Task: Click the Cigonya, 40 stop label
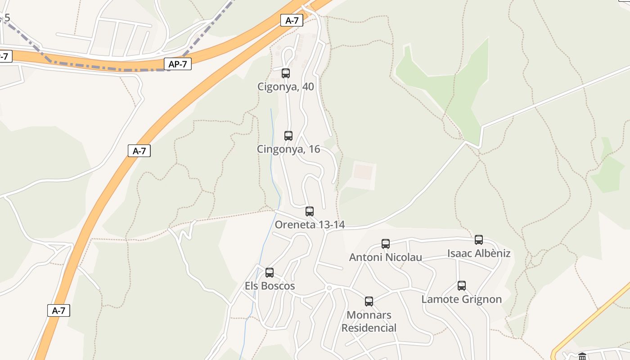coord(285,86)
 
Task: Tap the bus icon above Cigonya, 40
coord(286,73)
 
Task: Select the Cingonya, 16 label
coord(288,149)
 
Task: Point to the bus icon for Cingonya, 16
coord(288,136)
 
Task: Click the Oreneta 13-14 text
coord(310,225)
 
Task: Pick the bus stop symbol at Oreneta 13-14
coord(310,211)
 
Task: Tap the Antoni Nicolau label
coord(386,257)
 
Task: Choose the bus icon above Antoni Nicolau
coord(386,244)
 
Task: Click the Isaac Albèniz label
coord(479,253)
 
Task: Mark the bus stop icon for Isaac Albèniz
coord(479,240)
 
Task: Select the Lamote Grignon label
coord(461,299)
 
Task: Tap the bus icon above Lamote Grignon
coord(462,286)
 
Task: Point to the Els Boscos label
coord(270,286)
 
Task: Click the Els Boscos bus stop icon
coord(270,273)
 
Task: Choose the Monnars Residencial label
coord(369,321)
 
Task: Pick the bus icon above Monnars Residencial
coord(369,301)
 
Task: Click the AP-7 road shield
coord(178,64)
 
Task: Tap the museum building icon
coord(582,356)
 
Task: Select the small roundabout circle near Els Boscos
coord(329,288)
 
